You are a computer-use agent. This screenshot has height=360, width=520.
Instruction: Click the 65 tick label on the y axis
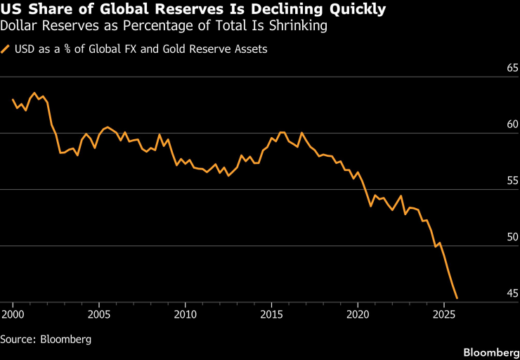point(512,69)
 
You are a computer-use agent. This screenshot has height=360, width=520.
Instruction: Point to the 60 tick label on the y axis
point(512,125)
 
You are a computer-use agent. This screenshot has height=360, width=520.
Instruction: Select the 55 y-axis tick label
point(512,181)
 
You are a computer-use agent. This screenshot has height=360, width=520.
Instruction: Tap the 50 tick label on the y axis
point(512,238)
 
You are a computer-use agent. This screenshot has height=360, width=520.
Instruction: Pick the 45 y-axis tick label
point(512,294)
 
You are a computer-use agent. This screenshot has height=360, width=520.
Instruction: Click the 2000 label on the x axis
point(13,312)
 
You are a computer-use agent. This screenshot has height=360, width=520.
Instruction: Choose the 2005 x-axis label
point(98,312)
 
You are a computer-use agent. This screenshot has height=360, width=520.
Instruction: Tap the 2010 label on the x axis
point(185,312)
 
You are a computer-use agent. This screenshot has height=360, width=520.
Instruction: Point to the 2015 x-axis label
point(271,312)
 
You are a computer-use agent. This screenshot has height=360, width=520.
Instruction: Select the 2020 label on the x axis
point(358,312)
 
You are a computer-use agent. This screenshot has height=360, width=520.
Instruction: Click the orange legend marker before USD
point(6,49)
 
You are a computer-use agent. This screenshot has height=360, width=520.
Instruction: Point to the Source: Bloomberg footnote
point(46,339)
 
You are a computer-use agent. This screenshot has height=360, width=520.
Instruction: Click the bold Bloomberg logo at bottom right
point(490,350)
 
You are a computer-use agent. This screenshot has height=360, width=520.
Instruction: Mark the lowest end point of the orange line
point(457,298)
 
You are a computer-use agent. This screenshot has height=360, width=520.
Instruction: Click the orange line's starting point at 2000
point(13,100)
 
